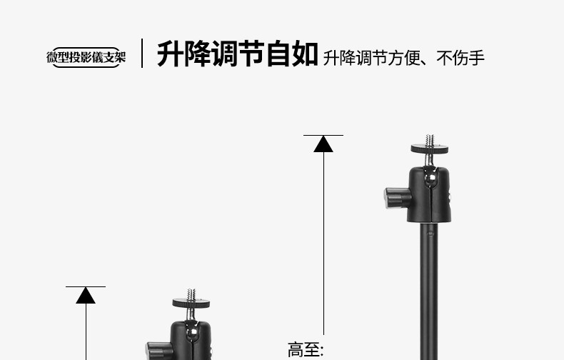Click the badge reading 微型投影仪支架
[x=86, y=57]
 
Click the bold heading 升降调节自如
[x=237, y=54]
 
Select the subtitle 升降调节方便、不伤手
[x=403, y=57]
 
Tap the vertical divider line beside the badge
[x=142, y=54]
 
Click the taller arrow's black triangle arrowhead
[x=323, y=144]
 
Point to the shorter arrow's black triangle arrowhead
[x=86, y=295]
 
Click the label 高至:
[x=305, y=350]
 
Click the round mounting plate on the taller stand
[x=430, y=149]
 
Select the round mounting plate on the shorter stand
[x=191, y=302]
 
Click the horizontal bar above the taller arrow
[x=323, y=135]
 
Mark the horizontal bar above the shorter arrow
[x=86, y=286]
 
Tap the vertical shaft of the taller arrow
[x=323, y=243]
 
